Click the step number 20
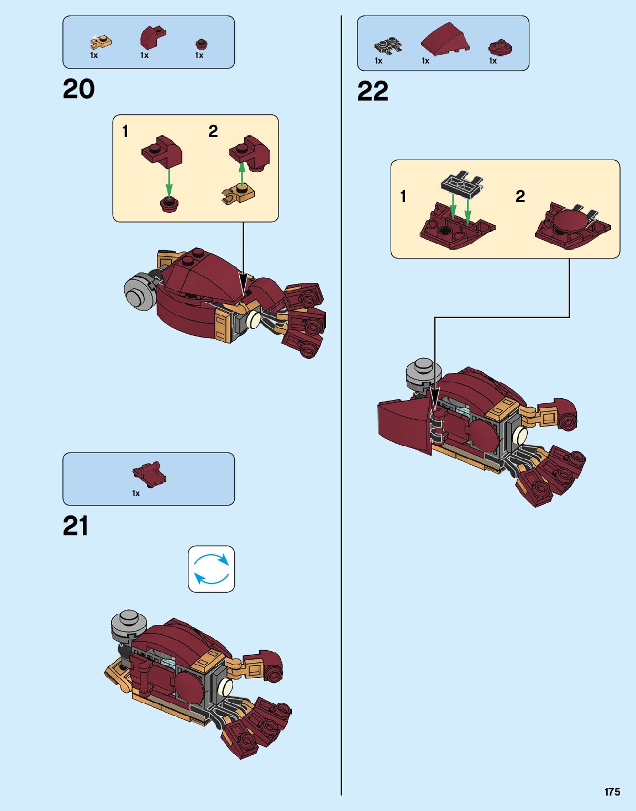point(78,89)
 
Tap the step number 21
point(76,526)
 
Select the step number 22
point(372,92)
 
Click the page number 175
point(612,792)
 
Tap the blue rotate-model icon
point(211,569)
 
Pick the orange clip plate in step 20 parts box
point(100,41)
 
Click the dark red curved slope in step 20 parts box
point(151,37)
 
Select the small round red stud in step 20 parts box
point(201,44)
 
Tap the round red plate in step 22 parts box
point(500,48)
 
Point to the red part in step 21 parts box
point(149,474)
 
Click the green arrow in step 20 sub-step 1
point(169,181)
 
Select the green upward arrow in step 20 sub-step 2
point(241,173)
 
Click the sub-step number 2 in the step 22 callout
point(520,196)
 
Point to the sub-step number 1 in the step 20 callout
point(125,131)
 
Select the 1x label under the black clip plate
point(379,61)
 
